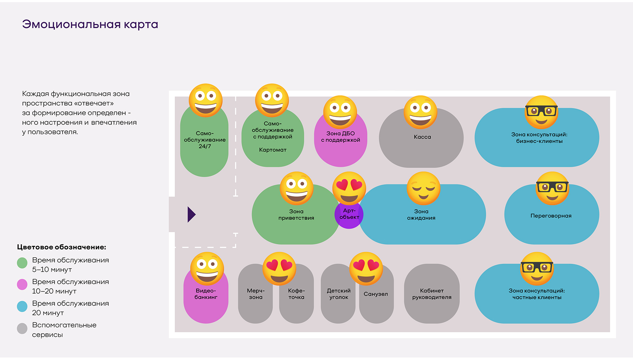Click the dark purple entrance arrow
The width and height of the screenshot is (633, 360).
[x=191, y=214]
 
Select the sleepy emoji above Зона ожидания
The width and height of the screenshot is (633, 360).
[x=423, y=188]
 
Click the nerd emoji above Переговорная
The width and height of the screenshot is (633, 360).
[x=552, y=188]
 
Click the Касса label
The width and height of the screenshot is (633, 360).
[x=422, y=137]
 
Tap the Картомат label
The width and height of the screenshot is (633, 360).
[x=273, y=150]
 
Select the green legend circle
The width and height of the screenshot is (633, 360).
[x=22, y=263]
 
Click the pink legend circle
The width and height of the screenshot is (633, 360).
[x=22, y=284]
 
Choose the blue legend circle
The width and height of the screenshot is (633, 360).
[x=22, y=306]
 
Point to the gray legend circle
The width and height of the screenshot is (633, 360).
[x=22, y=328]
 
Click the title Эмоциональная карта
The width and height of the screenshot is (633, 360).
[x=90, y=24]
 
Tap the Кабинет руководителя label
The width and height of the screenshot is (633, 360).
[x=432, y=294]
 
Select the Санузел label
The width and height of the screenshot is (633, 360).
[x=376, y=294]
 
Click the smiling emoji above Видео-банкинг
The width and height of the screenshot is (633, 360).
[x=207, y=269]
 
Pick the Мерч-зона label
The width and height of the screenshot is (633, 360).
[x=256, y=294]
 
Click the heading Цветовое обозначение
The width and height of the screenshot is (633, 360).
[x=62, y=247]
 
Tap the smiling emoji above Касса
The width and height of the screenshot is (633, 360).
[x=420, y=112]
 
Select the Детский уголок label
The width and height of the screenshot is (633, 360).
[x=339, y=294]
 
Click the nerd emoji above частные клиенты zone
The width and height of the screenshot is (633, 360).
[x=537, y=269]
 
